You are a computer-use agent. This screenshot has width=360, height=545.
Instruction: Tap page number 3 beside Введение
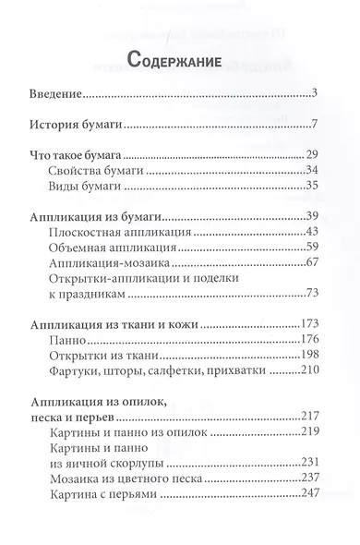(x=315, y=92)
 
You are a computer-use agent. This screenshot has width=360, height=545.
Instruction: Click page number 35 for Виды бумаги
(x=311, y=189)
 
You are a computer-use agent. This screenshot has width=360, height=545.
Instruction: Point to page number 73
(x=311, y=294)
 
